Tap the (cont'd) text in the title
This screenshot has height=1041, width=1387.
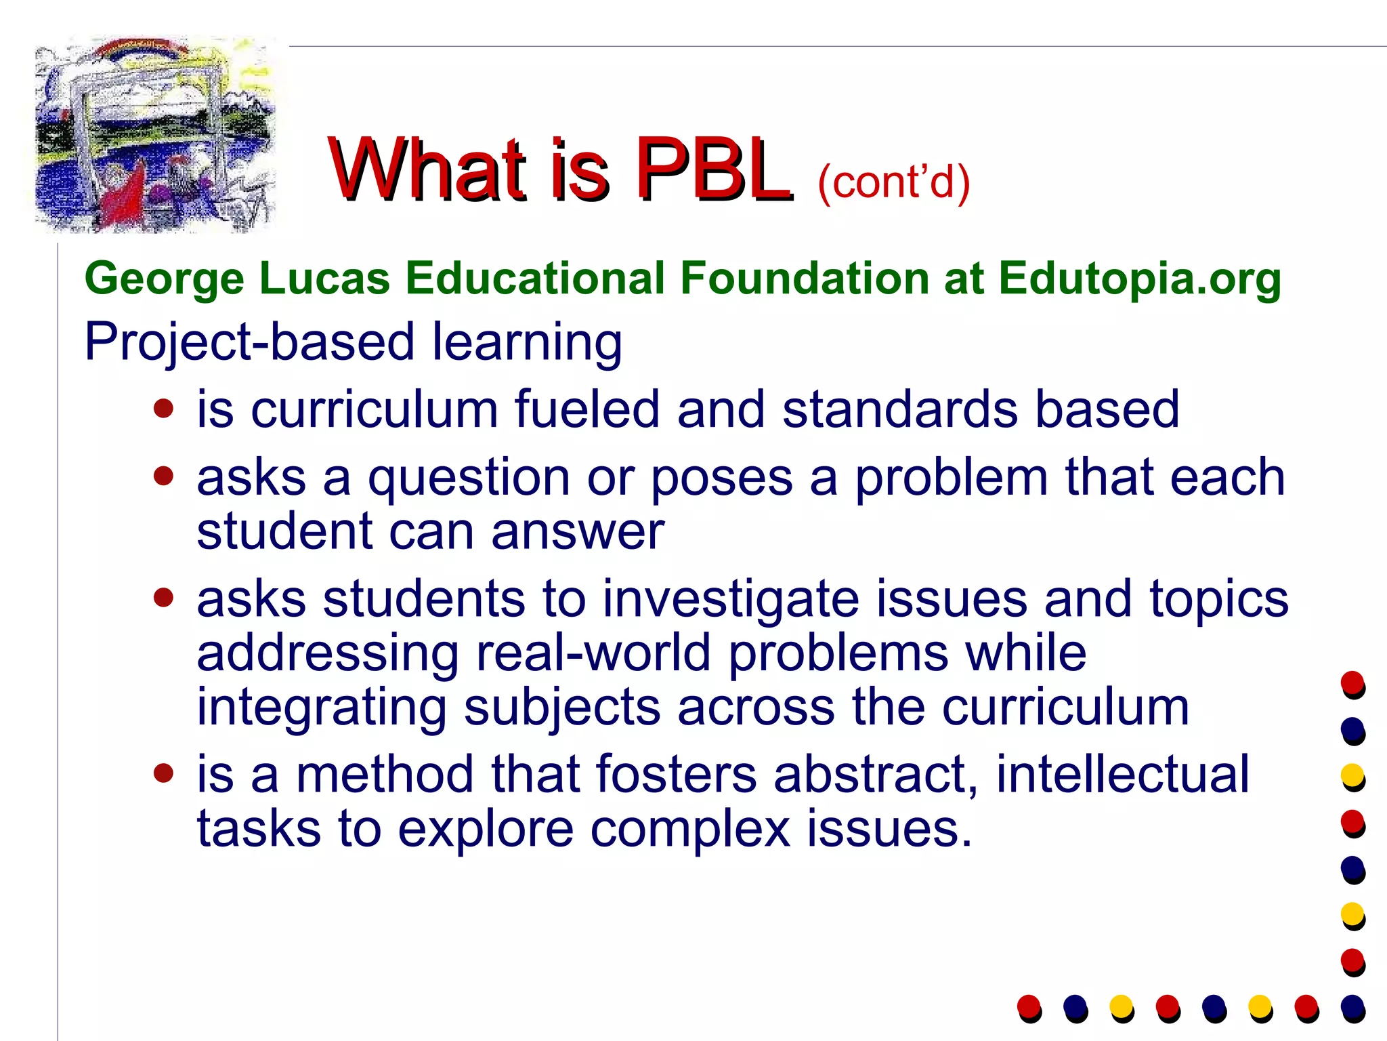894,182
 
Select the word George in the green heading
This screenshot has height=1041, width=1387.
164,279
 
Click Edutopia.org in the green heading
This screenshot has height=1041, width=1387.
1139,279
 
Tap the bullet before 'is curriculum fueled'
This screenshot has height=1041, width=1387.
163,409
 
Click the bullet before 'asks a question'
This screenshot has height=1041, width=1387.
163,476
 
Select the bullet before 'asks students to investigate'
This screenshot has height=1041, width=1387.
163,597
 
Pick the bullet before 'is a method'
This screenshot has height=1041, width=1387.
163,773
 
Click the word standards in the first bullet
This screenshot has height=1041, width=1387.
900,409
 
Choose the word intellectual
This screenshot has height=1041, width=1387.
1122,774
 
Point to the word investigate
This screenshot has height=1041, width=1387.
730,600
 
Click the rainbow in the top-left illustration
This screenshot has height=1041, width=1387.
142,49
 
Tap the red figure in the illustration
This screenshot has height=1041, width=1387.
127,193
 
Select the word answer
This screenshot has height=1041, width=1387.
577,531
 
